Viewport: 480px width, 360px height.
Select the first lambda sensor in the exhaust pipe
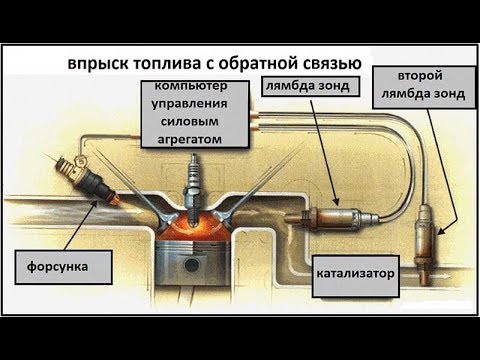[x=331, y=216]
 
